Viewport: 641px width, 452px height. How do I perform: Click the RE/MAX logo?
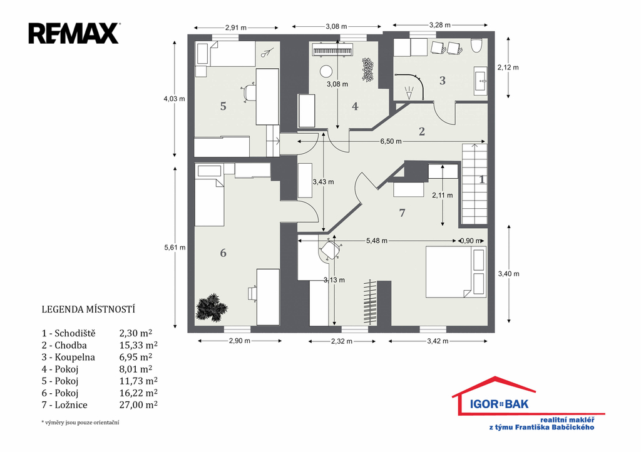pos(74,34)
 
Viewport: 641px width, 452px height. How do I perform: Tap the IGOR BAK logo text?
pos(499,404)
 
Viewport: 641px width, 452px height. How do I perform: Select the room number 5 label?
pos(223,106)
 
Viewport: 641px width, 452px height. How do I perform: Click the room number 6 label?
pos(223,253)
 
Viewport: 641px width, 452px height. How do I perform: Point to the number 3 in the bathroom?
pos(443,81)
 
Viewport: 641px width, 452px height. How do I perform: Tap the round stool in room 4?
pos(326,72)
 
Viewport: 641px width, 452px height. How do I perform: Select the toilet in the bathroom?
pos(477,45)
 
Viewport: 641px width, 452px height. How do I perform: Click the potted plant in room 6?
pos(212,306)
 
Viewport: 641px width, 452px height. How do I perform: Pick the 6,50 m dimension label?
pos(391,141)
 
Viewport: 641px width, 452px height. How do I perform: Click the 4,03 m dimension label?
pos(174,99)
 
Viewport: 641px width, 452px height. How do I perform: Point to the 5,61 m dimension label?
pos(175,248)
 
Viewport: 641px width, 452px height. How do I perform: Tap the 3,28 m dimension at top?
pos(440,25)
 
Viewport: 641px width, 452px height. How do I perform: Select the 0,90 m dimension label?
pos(471,241)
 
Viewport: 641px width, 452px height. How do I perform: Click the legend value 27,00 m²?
pos(138,404)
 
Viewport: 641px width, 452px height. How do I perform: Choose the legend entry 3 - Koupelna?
pos(68,357)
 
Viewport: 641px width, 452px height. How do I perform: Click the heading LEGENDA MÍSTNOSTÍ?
pos(88,309)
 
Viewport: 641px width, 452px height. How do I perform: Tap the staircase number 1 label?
pos(482,179)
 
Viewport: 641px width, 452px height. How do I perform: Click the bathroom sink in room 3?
pos(480,81)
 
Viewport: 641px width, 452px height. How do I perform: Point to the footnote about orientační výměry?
pos(80,423)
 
